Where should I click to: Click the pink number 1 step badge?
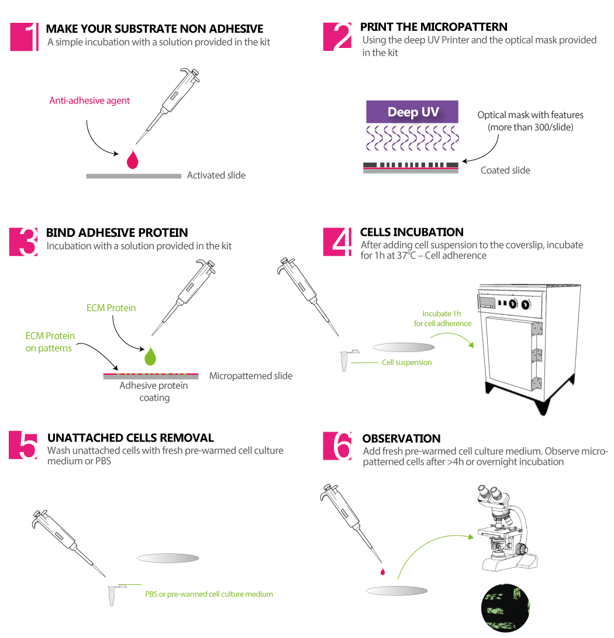click(25, 37)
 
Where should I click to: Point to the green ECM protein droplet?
click(151, 356)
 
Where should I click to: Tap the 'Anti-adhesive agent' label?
click(89, 101)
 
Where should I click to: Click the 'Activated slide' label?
click(216, 175)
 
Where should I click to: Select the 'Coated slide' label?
click(505, 170)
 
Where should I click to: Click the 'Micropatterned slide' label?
click(250, 375)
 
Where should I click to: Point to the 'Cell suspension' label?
click(406, 363)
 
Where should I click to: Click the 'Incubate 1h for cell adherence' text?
click(443, 319)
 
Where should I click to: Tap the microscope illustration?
click(506, 527)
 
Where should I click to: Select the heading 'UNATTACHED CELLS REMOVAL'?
click(130, 438)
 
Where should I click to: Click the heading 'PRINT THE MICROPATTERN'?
click(433, 27)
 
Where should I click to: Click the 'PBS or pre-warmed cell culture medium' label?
click(209, 594)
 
